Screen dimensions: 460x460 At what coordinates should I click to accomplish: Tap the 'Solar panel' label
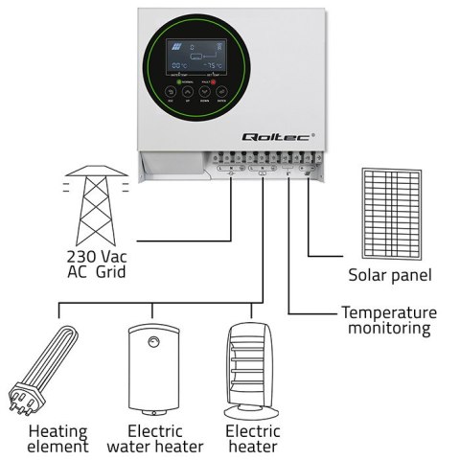(x=390, y=275)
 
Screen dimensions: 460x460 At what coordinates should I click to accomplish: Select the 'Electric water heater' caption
(x=154, y=438)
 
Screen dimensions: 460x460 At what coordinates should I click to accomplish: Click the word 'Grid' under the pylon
(x=110, y=272)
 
